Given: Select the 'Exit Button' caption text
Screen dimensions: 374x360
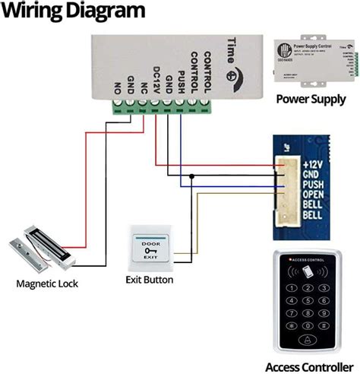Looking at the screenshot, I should (x=150, y=280).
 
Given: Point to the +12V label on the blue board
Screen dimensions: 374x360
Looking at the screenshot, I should (x=313, y=163).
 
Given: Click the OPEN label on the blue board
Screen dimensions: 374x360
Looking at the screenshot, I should (x=314, y=194).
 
